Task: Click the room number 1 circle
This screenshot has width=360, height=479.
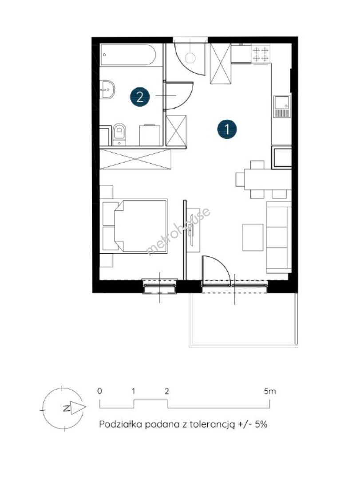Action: pyautogui.click(x=227, y=129)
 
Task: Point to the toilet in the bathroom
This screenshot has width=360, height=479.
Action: pyautogui.click(x=119, y=134)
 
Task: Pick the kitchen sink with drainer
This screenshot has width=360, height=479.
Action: pyautogui.click(x=282, y=106)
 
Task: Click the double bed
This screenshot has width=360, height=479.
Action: pyautogui.click(x=135, y=226)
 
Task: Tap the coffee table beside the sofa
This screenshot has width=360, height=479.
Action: pyautogui.click(x=253, y=237)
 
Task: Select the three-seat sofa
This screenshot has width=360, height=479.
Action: pyautogui.click(x=279, y=237)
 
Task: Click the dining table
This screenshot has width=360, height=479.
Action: pyautogui.click(x=267, y=180)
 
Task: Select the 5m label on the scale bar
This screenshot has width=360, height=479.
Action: pyautogui.click(x=269, y=391)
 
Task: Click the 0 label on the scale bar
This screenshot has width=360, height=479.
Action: pyautogui.click(x=100, y=391)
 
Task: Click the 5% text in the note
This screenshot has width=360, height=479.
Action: pyautogui.click(x=261, y=424)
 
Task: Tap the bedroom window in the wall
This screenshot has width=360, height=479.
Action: pyautogui.click(x=160, y=286)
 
